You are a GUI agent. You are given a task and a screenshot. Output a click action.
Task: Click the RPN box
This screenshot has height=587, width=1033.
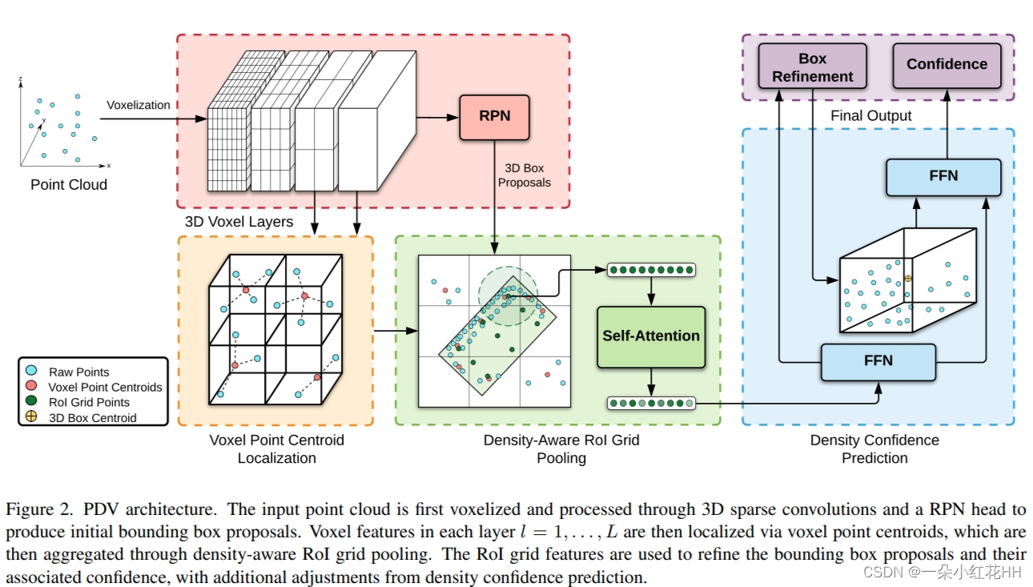[495, 116]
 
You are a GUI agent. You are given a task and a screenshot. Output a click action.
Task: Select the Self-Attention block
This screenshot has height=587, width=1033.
[651, 336]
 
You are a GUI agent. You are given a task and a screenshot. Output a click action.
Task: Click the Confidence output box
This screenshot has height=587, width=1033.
[947, 64]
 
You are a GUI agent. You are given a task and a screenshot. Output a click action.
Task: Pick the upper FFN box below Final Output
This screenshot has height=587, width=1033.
[943, 176]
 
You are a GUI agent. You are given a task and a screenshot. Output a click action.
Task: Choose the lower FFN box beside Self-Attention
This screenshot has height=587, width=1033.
[878, 361]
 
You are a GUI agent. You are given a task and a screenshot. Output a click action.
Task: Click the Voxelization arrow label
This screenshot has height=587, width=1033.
[139, 105]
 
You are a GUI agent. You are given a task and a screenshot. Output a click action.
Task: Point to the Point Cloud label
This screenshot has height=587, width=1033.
[69, 184]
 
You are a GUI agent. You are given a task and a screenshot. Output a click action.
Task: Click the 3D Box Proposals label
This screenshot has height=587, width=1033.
[524, 175]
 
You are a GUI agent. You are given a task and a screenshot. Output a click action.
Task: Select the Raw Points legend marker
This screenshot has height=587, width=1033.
[31, 372]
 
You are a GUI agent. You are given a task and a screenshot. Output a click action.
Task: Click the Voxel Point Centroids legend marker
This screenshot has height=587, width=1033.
[31, 387]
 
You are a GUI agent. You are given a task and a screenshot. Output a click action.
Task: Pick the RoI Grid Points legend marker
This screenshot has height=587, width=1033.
[31, 402]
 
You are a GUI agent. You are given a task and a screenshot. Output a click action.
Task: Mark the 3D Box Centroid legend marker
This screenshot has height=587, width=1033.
[31, 417]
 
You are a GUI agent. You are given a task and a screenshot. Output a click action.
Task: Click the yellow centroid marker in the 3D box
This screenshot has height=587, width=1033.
[908, 278]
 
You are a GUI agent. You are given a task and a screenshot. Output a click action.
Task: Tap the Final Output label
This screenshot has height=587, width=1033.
[870, 116]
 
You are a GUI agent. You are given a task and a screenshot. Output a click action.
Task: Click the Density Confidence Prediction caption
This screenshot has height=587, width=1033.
[874, 448]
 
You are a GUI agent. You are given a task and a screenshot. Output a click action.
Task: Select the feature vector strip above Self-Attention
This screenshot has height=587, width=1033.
[651, 270]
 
